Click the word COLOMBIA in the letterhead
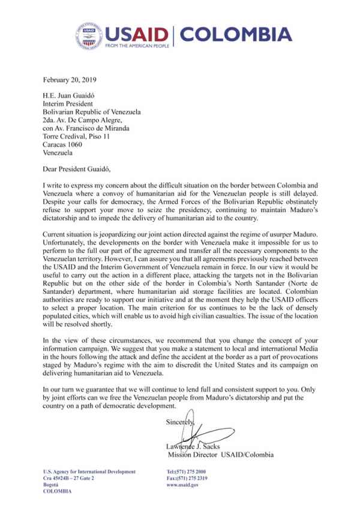pyautogui.click(x=236, y=34)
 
